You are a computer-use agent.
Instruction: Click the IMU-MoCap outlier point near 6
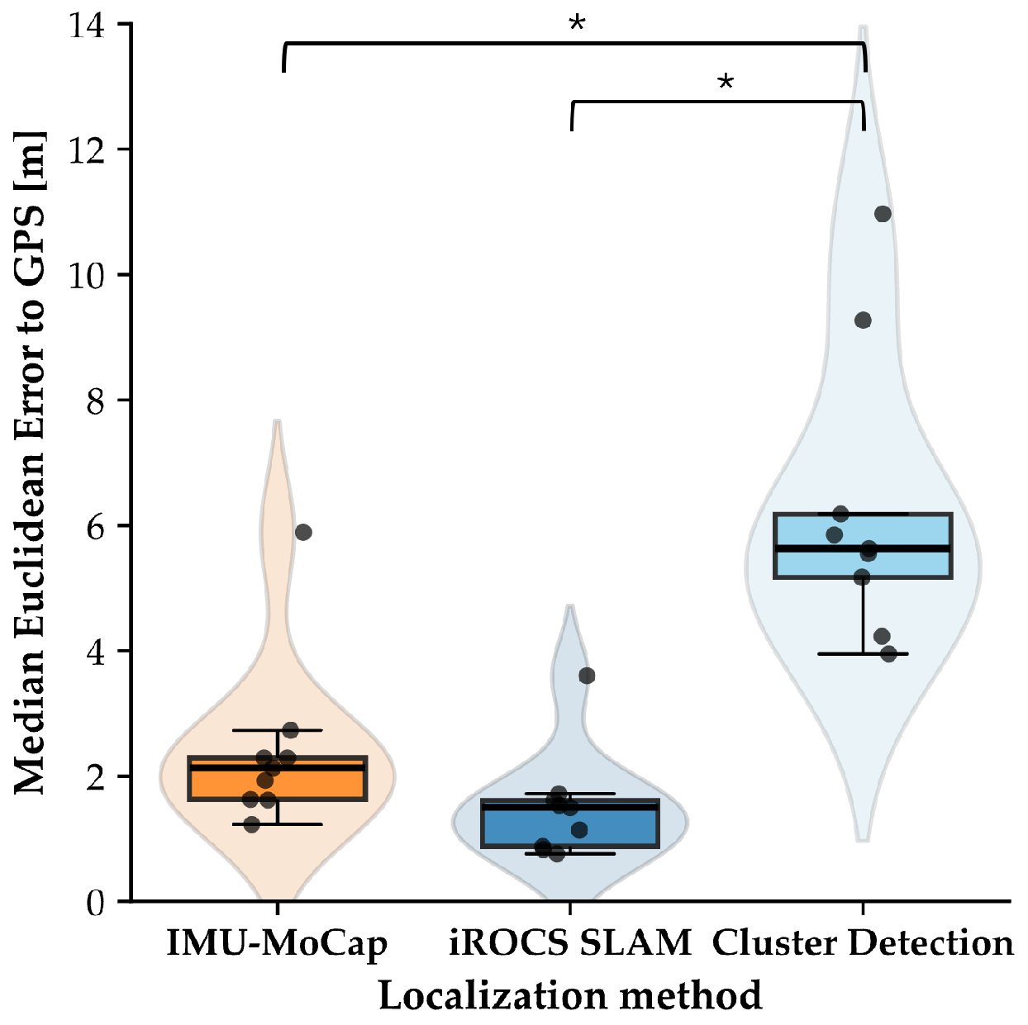click(x=303, y=532)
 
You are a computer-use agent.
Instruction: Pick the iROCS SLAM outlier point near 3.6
click(x=587, y=676)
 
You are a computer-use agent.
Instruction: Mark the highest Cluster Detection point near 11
click(x=883, y=214)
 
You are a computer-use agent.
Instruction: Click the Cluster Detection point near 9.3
click(x=863, y=320)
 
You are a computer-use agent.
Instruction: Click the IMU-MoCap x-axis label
click(x=277, y=943)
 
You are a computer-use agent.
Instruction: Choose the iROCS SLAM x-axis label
click(x=570, y=943)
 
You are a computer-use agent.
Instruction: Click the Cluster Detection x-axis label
click(x=863, y=943)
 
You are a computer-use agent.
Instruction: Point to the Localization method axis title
click(x=570, y=995)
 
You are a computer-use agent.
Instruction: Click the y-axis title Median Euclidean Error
click(x=31, y=463)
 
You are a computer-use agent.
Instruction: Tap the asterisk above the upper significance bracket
click(x=577, y=24)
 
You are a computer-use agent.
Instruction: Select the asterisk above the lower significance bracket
click(x=726, y=83)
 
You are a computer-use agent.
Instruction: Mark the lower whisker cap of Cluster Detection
click(x=863, y=654)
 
